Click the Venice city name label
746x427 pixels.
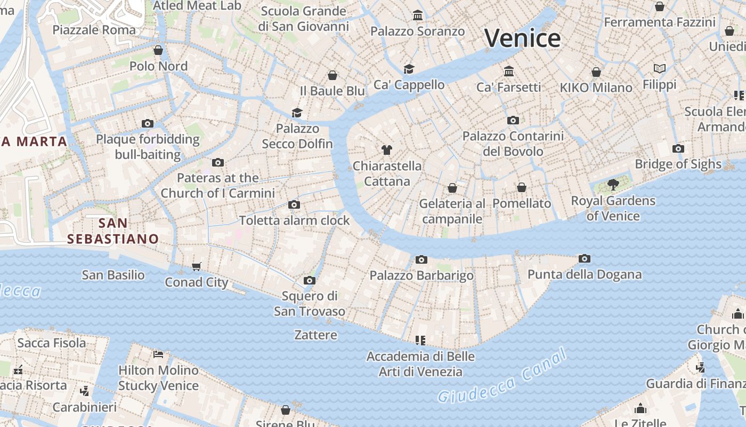(x=522, y=38)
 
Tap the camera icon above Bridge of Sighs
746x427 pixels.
(x=678, y=148)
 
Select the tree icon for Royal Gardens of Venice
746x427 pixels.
(x=613, y=185)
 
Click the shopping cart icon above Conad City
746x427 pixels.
(x=197, y=266)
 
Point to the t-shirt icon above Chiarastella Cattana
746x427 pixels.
(x=387, y=150)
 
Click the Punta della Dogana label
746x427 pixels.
(x=584, y=274)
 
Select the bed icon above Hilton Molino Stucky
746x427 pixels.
(x=158, y=354)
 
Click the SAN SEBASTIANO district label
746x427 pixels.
(x=113, y=231)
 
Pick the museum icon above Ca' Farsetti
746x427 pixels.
(x=509, y=71)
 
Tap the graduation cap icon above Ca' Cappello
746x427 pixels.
(x=409, y=69)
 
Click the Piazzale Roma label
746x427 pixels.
(x=94, y=29)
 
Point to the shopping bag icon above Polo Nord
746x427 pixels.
(x=158, y=50)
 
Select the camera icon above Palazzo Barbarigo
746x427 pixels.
(x=421, y=259)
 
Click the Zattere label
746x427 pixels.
(x=315, y=335)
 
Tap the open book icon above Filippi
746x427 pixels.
(x=660, y=68)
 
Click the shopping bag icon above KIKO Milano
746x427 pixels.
(x=596, y=72)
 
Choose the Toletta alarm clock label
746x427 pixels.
(x=294, y=220)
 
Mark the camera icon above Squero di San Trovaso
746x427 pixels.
(x=310, y=280)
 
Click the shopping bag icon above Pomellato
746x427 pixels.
(x=522, y=187)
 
